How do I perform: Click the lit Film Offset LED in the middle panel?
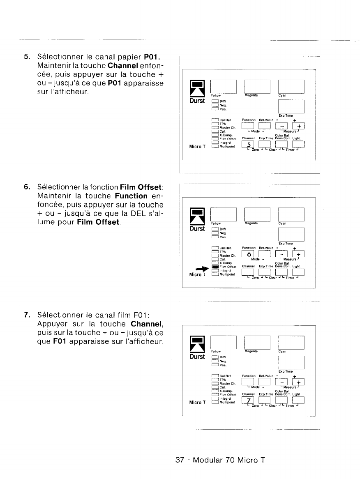pyautogui.click(x=214, y=267)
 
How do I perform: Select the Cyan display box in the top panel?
pyautogui.click(x=291, y=85)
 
